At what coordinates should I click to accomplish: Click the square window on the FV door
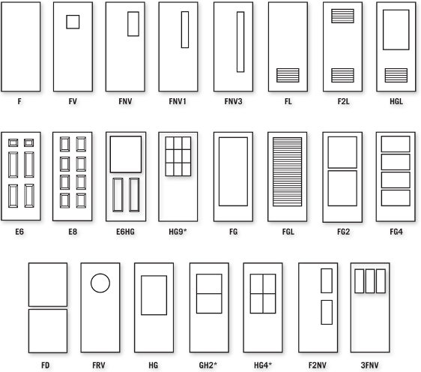73,22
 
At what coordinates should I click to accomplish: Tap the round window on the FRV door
100,283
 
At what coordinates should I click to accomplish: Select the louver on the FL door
288,75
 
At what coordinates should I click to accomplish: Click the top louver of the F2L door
342,16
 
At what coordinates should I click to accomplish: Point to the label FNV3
233,101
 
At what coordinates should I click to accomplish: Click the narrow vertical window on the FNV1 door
185,29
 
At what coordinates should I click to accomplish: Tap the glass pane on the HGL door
396,30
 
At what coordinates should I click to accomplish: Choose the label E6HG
125,232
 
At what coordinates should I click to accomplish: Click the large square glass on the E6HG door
126,154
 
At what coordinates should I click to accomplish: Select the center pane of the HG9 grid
178,156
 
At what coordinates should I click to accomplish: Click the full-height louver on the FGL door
288,172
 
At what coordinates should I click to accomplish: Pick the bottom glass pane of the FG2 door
342,188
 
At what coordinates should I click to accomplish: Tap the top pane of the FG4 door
396,144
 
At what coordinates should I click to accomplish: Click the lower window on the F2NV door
327,312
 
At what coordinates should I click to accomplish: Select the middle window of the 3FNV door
370,281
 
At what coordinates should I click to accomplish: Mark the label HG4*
263,365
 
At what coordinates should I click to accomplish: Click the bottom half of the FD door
48,331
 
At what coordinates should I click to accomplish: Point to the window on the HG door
154,295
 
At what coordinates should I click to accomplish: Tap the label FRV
99,365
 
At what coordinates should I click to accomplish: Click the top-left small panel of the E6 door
13,142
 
